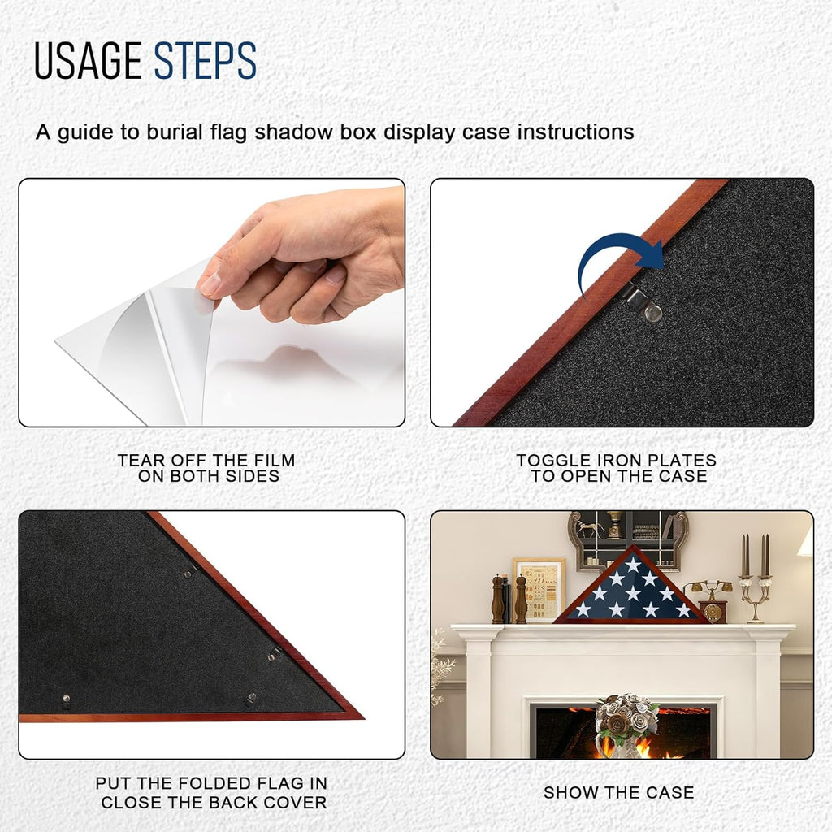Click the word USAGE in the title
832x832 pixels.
(88, 60)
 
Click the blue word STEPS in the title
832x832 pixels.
(206, 60)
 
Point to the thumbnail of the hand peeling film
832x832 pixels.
(212, 302)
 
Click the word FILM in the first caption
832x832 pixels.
(274, 460)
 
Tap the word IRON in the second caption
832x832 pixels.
(619, 460)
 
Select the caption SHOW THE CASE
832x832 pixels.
(618, 793)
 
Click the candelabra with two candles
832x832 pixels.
(756, 578)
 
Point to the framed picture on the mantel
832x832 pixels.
(539, 589)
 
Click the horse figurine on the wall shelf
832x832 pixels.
(589, 528)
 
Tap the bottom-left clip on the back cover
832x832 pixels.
(66, 701)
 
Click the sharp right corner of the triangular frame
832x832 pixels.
(364, 719)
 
